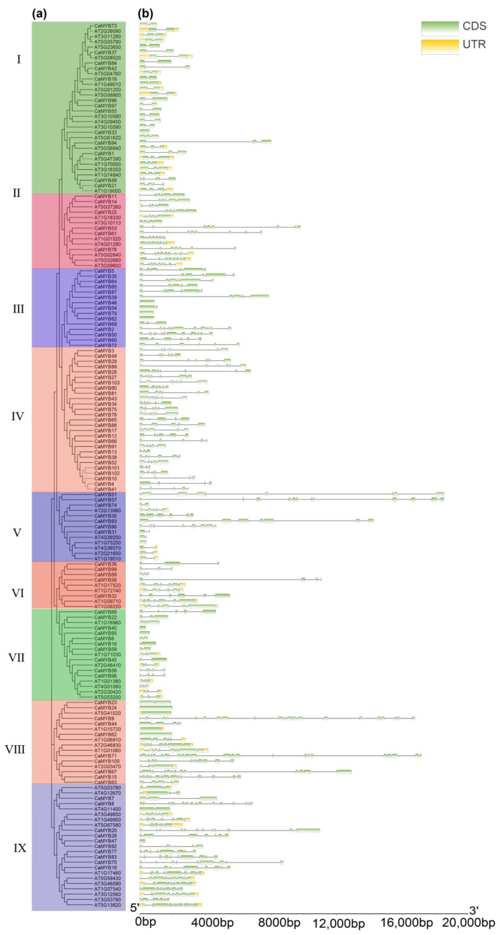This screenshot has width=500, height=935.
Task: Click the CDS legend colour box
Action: coord(440,28)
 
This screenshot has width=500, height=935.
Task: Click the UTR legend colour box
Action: coord(440,46)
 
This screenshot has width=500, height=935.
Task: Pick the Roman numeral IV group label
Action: coord(17,416)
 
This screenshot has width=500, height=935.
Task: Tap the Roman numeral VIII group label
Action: coord(15,750)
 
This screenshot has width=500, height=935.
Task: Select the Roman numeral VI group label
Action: coord(17,593)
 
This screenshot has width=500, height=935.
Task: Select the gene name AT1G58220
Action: coord(107,607)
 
